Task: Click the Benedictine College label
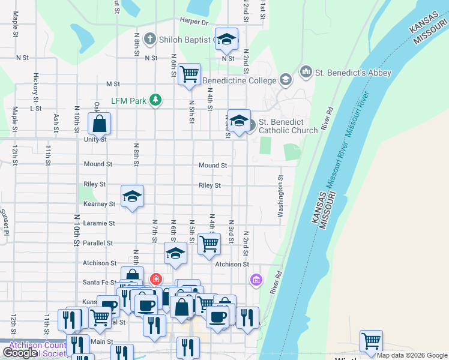pyautogui.click(x=239, y=80)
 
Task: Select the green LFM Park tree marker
pyautogui.click(x=155, y=100)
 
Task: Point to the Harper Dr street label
pyautogui.click(x=193, y=22)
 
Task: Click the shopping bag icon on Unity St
pyautogui.click(x=100, y=124)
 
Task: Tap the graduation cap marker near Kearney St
pyautogui.click(x=132, y=196)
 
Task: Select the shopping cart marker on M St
pyautogui.click(x=189, y=74)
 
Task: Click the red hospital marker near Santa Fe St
pyautogui.click(x=155, y=279)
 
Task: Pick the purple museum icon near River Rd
pyautogui.click(x=256, y=280)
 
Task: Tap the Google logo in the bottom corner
pyautogui.click(x=20, y=353)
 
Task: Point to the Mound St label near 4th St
pyautogui.click(x=212, y=165)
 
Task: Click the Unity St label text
pyautogui.click(x=95, y=139)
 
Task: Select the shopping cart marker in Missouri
pyautogui.click(x=371, y=341)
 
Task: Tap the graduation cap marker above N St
pyautogui.click(x=226, y=39)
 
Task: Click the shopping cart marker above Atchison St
pyautogui.click(x=208, y=244)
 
